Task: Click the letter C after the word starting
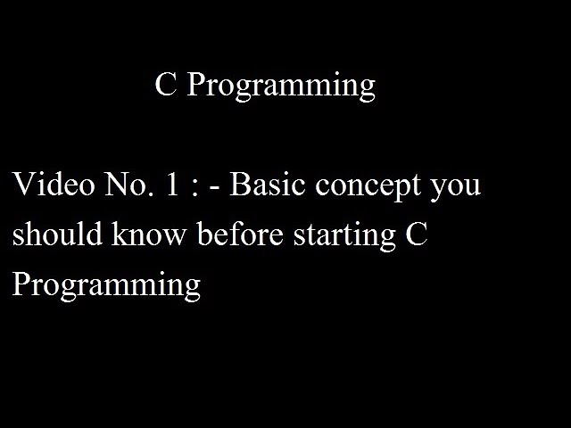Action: coord(417,235)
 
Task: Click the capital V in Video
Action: coord(22,185)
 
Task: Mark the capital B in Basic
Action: coord(241,185)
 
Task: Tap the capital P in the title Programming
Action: coord(195,85)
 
